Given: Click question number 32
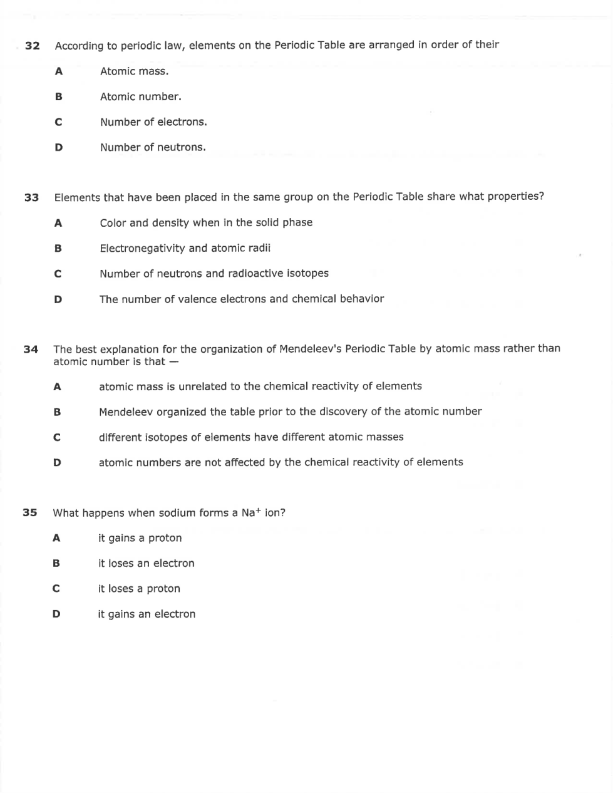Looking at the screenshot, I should (x=33, y=46).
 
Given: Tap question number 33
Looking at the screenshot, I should (x=32, y=198).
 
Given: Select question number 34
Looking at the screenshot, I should (x=31, y=349).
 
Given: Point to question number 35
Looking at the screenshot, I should (x=30, y=513).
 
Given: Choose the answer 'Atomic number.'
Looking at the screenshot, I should (x=140, y=97).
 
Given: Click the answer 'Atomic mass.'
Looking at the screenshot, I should (x=134, y=71).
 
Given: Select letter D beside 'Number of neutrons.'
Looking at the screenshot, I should (x=59, y=148).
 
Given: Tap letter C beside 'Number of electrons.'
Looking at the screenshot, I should (x=59, y=122).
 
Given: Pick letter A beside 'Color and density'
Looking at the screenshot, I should (x=58, y=223).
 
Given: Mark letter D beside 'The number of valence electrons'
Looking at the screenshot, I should (x=58, y=299).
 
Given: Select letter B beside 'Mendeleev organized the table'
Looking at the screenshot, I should (x=57, y=412).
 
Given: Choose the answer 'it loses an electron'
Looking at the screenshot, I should (x=146, y=564).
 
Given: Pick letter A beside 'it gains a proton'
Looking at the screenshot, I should (x=56, y=538).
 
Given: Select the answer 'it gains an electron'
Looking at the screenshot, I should (x=147, y=614).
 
